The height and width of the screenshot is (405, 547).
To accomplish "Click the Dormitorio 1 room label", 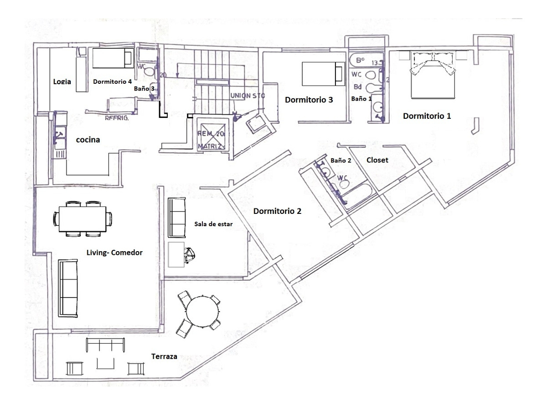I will (x=427, y=116).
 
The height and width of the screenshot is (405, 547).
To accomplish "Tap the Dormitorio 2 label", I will (x=277, y=211).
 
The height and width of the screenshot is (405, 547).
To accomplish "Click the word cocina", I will (x=88, y=140).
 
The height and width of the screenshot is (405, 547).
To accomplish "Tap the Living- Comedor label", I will (x=114, y=253).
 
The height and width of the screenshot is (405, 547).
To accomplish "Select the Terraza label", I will (x=164, y=356).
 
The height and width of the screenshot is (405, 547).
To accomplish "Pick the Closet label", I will (x=377, y=160).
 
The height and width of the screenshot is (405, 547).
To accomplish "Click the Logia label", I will (x=62, y=81).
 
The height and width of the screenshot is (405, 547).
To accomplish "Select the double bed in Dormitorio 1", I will (x=433, y=75).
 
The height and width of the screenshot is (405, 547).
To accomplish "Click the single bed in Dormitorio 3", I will (x=323, y=73).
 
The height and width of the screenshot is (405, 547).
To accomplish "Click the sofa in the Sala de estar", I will (x=177, y=218).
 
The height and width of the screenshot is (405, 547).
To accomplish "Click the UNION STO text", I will (x=248, y=96).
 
